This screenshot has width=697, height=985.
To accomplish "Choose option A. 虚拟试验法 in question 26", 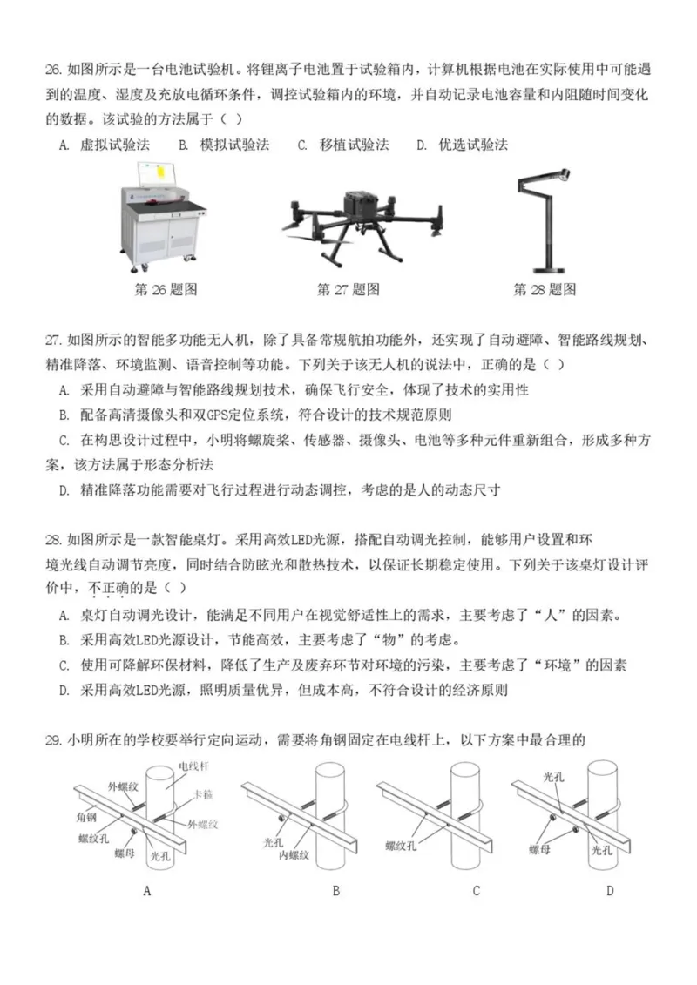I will click(105, 145).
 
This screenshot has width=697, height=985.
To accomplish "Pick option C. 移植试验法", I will click(343, 145).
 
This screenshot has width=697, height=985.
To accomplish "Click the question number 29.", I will click(53, 740).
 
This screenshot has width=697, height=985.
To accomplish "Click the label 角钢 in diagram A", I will click(90, 820).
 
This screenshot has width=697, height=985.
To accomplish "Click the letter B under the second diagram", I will click(335, 890).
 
